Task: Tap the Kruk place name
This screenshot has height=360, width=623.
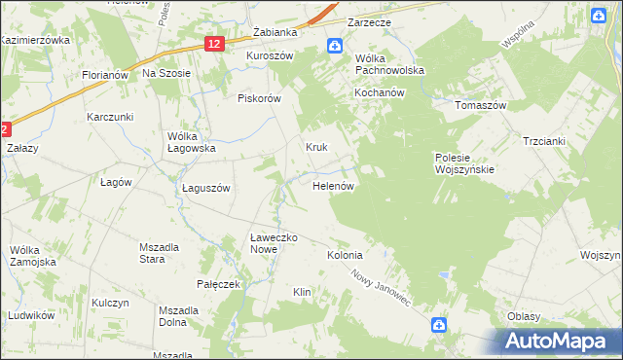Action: [x=316, y=148]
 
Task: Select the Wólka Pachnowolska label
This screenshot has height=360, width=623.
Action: [x=389, y=64]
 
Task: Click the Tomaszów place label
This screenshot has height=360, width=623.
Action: [x=483, y=104]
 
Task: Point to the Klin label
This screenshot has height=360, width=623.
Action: [x=302, y=292]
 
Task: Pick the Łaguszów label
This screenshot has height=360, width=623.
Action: [x=205, y=189]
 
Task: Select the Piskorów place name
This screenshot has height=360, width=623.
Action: [x=259, y=98]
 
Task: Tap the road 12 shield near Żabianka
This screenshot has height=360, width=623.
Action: [x=215, y=44]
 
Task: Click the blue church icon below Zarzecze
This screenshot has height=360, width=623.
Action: [x=334, y=46]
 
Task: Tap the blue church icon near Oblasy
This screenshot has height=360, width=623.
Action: [x=439, y=325]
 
